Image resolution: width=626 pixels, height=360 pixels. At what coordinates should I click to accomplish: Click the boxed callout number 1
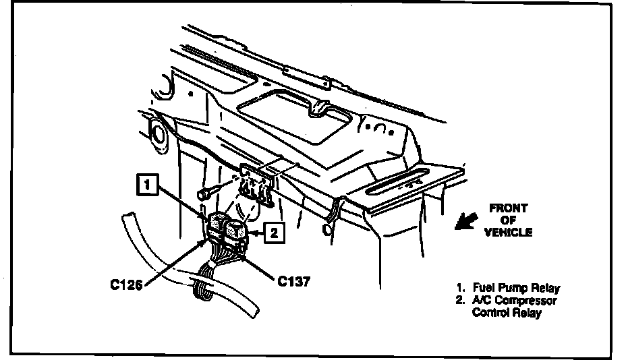point(149,182)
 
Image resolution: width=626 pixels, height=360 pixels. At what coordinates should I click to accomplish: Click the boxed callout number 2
point(272,233)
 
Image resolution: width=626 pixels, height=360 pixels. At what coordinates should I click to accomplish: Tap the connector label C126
point(127,284)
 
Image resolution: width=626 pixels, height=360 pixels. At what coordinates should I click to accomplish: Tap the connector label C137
point(293,281)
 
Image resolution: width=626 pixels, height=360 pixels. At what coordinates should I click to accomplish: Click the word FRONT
point(509,209)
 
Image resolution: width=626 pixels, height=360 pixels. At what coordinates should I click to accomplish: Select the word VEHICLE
point(508,233)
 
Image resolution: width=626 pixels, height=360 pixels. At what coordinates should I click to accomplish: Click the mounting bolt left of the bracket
point(204,194)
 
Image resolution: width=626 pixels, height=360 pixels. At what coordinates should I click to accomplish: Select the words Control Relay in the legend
point(507,313)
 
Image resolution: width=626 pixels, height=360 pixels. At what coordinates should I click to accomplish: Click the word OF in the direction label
point(508,220)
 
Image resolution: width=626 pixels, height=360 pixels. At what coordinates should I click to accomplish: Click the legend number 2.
point(459,301)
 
